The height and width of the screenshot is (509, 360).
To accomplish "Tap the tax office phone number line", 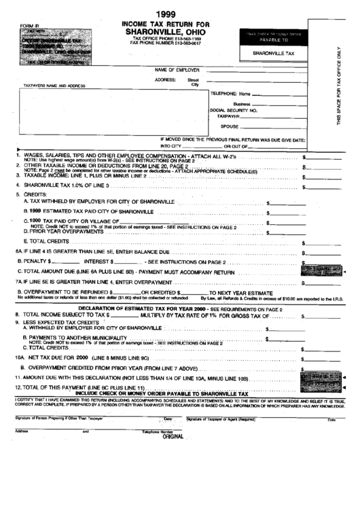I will click(x=166, y=39).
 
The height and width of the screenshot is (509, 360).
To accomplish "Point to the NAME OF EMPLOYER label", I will click(x=177, y=69).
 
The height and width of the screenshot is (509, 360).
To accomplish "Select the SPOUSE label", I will click(x=230, y=126).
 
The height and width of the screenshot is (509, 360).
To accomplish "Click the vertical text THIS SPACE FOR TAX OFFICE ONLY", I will click(x=338, y=88).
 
